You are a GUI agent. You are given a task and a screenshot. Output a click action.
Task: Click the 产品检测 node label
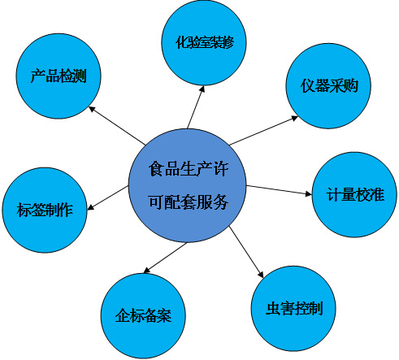[59, 76]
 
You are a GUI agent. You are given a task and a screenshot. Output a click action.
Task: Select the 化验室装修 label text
[205, 42]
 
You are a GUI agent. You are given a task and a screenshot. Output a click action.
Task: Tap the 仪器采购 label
[329, 86]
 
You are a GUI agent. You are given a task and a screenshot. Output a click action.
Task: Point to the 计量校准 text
[355, 194]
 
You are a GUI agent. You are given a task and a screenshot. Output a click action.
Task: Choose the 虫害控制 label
[294, 308]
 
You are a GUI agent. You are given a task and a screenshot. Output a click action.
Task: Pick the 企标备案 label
[143, 315]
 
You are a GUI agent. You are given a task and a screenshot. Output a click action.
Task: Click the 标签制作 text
[45, 210]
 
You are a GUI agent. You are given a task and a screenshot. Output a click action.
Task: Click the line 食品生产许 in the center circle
[189, 169]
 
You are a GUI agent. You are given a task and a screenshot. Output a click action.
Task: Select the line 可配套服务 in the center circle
[189, 202]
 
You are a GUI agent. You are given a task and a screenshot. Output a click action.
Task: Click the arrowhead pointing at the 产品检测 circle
[92, 109]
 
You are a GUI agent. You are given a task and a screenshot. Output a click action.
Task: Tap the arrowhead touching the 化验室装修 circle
[202, 89]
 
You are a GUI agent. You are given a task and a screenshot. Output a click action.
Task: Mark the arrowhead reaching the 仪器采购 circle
[294, 118]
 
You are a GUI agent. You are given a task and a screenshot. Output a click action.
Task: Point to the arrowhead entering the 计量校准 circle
[309, 193]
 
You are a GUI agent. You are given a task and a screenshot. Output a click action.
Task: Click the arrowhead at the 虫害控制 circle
[261, 275]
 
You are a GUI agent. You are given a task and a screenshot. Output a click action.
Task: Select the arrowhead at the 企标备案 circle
[146, 270]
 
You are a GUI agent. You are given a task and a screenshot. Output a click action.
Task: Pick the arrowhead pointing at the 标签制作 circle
[91, 207]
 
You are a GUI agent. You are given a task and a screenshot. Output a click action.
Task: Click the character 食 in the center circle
[156, 169]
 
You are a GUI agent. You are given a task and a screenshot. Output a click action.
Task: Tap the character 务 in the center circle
[221, 202]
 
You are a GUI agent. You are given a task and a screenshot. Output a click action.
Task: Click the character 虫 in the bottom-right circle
[273, 308]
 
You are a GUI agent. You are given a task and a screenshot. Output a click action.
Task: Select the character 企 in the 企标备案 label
[122, 315]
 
